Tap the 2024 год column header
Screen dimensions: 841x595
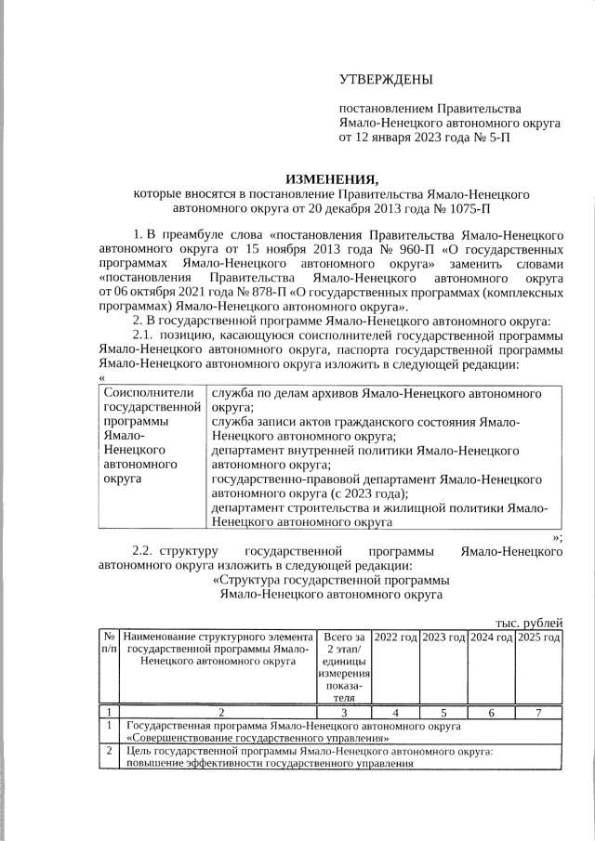[490, 637]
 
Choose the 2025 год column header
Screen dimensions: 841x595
[538, 637]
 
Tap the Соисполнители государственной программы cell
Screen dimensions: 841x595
[152, 437]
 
